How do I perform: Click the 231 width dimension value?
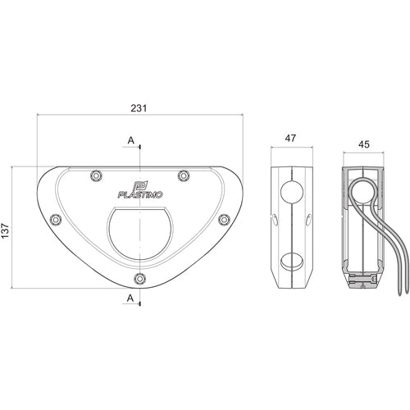139,108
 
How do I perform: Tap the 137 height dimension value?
6,230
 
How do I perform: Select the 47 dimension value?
290,139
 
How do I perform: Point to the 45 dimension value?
364,144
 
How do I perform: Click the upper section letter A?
131,140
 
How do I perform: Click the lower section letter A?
130,298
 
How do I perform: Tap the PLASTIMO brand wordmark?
140,194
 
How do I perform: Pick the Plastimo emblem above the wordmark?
140,186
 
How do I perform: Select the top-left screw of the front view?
96,175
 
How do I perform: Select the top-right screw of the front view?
184,175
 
